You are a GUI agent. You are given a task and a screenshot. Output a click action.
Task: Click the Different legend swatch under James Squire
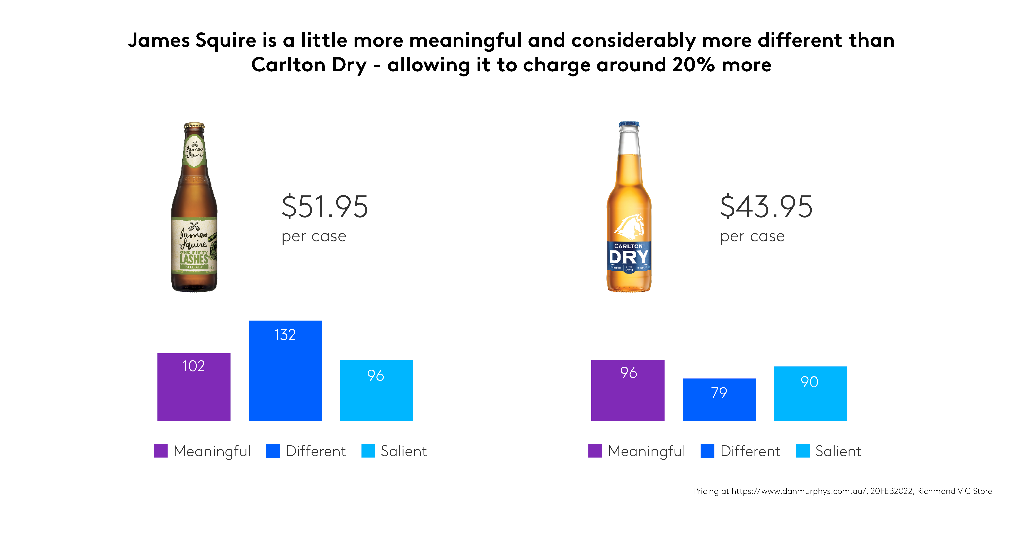point(273,451)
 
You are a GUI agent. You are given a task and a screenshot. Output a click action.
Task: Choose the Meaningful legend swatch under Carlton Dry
point(595,451)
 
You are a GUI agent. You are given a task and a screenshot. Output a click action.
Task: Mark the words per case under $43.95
point(752,237)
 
